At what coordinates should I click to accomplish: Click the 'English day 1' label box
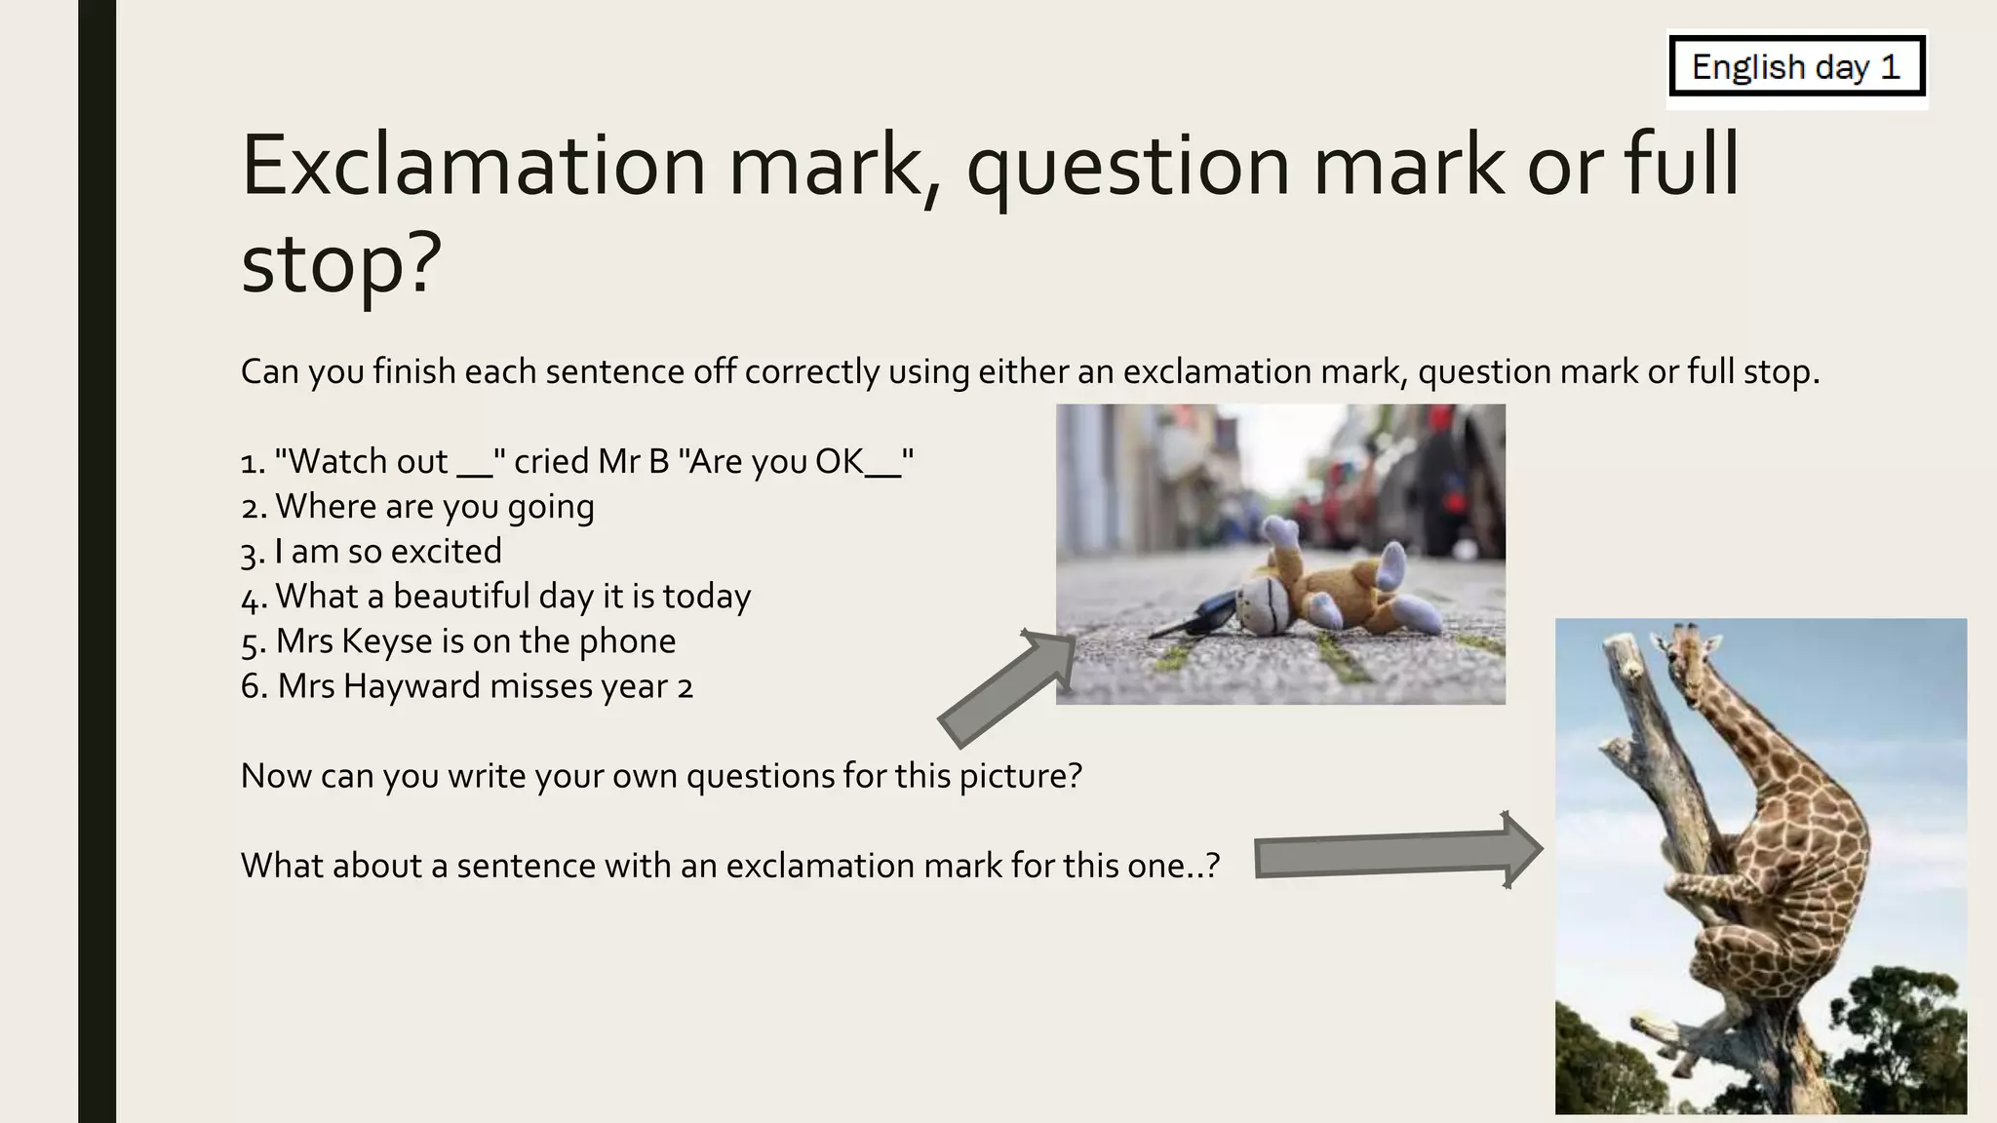1797,67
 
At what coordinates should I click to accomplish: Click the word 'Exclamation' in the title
473,166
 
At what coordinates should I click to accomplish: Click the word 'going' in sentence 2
551,508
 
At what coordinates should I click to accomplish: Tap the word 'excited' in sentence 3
447,552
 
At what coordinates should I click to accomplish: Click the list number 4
252,598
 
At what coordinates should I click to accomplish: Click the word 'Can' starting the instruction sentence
269,371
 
